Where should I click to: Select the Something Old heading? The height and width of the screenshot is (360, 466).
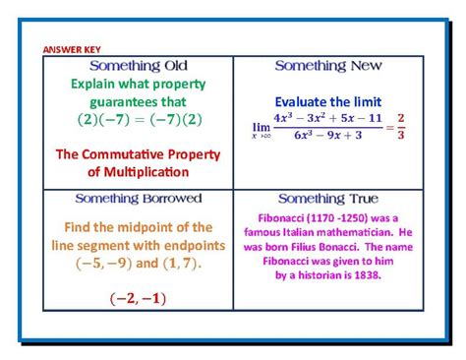137,66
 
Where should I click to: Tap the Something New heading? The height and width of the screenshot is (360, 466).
327,66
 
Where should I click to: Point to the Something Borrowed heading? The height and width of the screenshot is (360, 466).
137,198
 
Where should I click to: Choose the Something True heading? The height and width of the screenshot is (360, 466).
327,198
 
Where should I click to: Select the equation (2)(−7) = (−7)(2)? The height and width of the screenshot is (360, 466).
137,120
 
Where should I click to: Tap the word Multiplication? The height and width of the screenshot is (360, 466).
147,172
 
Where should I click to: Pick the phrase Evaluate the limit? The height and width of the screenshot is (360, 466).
327,101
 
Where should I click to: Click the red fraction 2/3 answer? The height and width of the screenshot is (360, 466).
401,127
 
